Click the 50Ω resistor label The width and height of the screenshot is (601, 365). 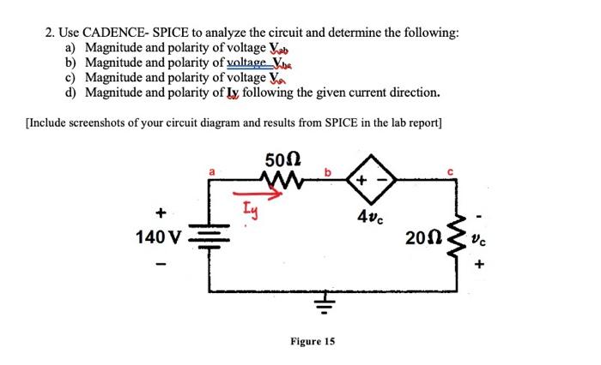click(x=282, y=160)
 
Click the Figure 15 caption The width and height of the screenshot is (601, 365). click(x=312, y=341)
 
